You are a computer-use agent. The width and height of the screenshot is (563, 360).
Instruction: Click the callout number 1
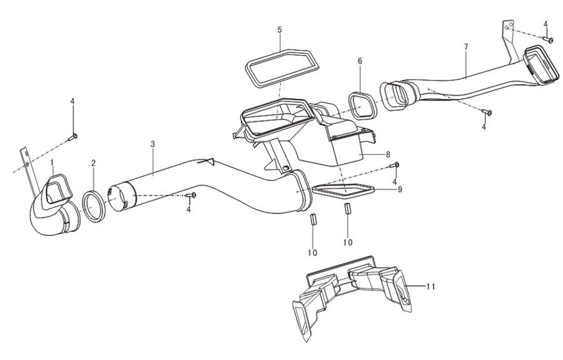(52, 163)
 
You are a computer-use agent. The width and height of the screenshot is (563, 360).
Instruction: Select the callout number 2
(93, 163)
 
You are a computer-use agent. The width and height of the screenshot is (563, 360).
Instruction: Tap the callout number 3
(153, 144)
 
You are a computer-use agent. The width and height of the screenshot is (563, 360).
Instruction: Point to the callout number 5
(280, 29)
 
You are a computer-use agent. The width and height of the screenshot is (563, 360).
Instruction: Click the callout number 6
(360, 61)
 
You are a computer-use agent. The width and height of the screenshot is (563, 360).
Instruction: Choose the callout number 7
(466, 47)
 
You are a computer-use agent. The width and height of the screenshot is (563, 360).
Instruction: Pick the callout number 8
(388, 155)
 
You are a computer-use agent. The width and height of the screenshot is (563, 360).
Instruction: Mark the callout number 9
(400, 189)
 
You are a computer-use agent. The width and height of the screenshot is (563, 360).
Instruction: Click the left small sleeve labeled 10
(312, 219)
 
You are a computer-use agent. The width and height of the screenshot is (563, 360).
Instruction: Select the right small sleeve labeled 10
(347, 208)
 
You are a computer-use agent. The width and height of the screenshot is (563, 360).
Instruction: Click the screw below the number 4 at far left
(73, 136)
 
